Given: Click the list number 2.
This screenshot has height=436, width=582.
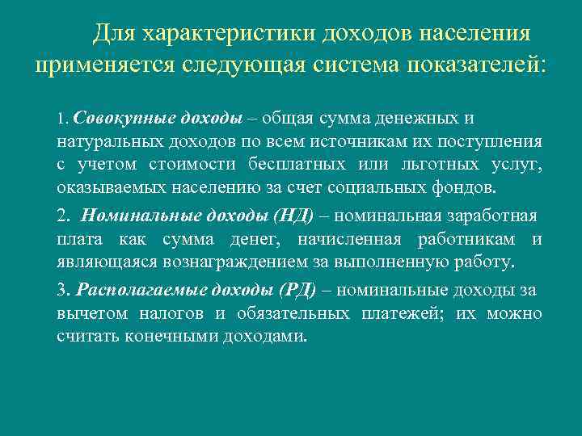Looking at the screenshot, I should [x=63, y=216].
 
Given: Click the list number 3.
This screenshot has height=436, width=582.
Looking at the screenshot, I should [x=63, y=291].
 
